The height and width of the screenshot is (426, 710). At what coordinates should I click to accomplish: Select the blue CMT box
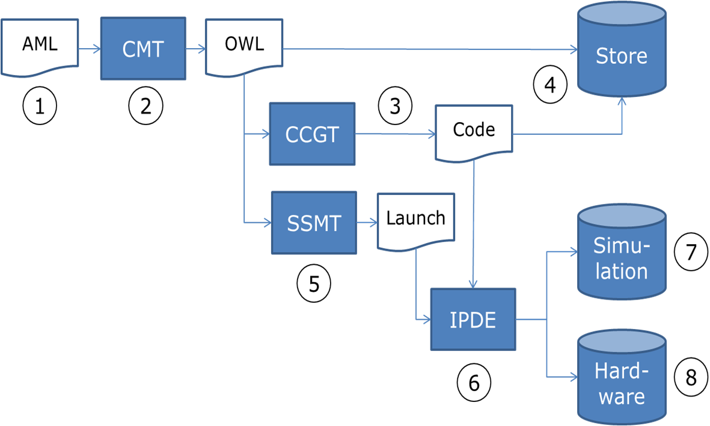(x=143, y=49)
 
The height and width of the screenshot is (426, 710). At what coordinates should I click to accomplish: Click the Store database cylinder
(x=622, y=49)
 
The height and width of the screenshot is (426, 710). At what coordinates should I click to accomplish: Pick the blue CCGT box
(x=313, y=134)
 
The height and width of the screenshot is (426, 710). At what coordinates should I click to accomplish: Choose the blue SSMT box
(x=314, y=223)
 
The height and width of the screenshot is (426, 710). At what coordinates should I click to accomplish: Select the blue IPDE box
(x=473, y=319)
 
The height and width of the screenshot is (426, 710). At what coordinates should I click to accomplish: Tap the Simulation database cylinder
(x=622, y=252)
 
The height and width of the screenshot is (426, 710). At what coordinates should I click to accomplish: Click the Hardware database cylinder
(x=622, y=377)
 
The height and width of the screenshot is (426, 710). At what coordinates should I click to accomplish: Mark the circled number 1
(x=40, y=105)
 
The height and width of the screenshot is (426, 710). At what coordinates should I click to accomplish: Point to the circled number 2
(x=146, y=105)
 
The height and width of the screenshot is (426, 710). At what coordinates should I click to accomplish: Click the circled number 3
(x=396, y=105)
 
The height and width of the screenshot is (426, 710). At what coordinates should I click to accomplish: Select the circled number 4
(x=550, y=85)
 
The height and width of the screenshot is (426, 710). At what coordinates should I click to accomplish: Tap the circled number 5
(x=314, y=283)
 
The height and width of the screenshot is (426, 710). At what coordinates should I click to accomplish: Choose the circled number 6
(x=474, y=383)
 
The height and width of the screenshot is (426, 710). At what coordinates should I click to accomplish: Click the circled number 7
(x=691, y=252)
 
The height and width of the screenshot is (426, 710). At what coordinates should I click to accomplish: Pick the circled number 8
(x=691, y=377)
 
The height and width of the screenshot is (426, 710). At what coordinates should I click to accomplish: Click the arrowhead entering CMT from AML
(x=97, y=49)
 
